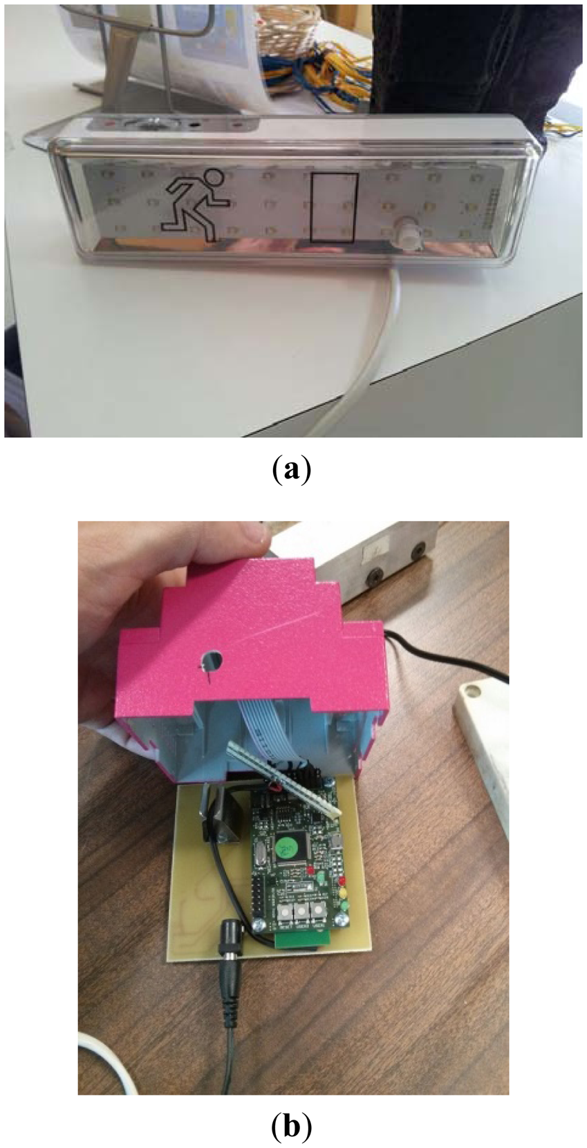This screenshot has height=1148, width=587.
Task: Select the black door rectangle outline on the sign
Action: click(335, 207)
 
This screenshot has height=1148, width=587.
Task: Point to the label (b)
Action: click(292, 1127)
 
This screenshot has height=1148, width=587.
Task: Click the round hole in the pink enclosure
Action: click(212, 661)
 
